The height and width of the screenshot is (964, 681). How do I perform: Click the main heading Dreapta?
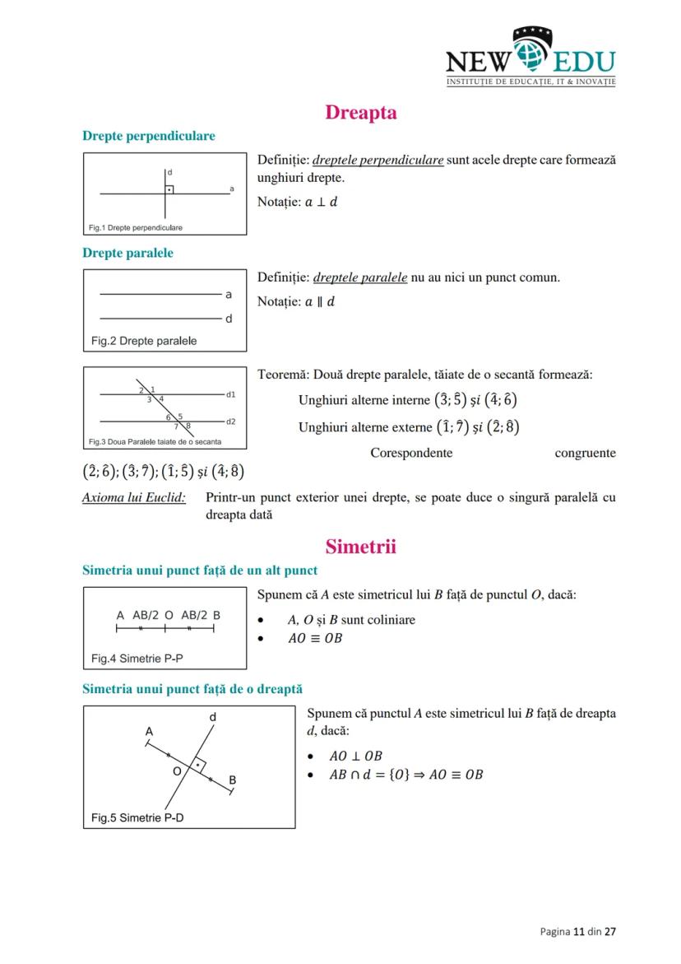(x=360, y=113)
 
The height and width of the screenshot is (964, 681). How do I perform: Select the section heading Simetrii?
(x=360, y=547)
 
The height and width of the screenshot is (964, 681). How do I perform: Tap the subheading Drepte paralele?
(x=127, y=253)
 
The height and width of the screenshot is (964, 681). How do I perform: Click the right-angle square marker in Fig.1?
(x=169, y=189)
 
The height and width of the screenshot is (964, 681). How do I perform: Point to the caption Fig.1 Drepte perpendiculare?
(x=136, y=227)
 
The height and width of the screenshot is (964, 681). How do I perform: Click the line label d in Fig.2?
(x=229, y=319)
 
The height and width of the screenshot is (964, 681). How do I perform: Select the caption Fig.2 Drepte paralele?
(x=144, y=341)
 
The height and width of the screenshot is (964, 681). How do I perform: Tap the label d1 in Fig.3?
(x=231, y=394)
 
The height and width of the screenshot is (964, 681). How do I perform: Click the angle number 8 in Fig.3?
(x=188, y=426)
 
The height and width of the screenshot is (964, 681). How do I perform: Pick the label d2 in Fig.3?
(x=231, y=421)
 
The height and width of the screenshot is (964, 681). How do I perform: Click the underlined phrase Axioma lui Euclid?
(x=134, y=498)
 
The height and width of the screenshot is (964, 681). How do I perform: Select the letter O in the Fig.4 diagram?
(x=169, y=615)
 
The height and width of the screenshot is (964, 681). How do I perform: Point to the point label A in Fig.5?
(x=149, y=731)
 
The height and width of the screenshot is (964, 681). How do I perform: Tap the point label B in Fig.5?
(x=233, y=779)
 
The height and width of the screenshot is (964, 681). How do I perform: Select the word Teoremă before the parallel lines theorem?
(x=282, y=375)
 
